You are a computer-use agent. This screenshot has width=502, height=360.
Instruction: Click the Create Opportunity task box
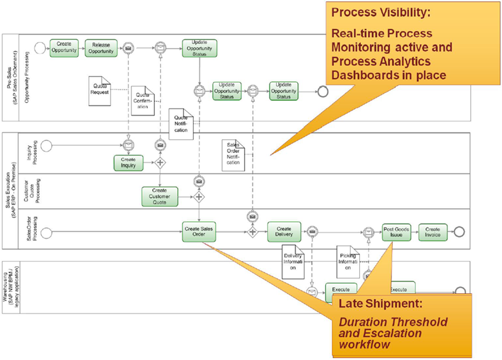click(x=65, y=48)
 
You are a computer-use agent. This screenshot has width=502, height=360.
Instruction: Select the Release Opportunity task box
click(x=101, y=48)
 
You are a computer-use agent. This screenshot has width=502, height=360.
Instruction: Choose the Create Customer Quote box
click(x=159, y=196)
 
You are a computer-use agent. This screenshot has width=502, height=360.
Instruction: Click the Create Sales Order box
click(x=199, y=232)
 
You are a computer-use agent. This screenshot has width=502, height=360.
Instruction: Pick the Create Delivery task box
click(x=284, y=232)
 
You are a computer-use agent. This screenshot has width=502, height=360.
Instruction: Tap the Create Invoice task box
click(x=433, y=232)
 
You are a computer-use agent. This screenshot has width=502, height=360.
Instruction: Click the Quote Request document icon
click(x=100, y=89)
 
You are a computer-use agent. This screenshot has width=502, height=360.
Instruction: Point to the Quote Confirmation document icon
click(x=142, y=100)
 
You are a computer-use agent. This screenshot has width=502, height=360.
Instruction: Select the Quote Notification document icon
click(x=181, y=124)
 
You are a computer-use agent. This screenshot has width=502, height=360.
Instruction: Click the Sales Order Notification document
click(x=233, y=156)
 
